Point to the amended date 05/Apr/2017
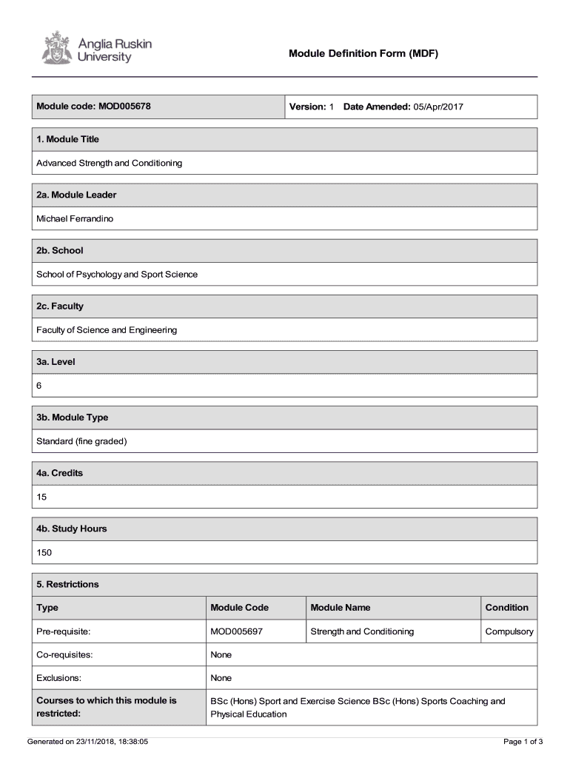438,107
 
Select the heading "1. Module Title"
68,139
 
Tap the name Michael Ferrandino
76,218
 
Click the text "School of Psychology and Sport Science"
117,274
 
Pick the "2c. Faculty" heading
60,306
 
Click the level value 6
40,386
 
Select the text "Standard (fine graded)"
82,441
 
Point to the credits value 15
41,497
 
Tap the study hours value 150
44,552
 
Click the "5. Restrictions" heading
67,584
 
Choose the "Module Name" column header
341,608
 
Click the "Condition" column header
506,608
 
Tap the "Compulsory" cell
509,631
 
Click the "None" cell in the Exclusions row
221,678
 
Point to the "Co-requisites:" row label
64,654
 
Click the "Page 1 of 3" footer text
523,742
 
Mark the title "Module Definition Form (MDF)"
363,53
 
